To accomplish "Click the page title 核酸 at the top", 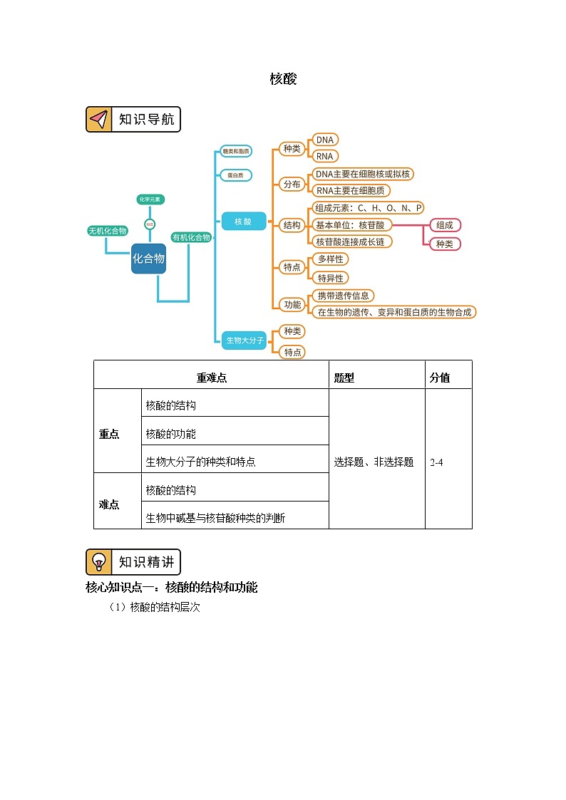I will point(283,79).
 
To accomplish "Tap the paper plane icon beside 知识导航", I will point(99,120).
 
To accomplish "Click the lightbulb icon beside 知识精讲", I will point(99,562).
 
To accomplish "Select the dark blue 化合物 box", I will point(148,259).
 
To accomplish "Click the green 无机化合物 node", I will point(107,231).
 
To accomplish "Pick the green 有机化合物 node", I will point(191,237).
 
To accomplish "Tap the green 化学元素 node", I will point(150,199).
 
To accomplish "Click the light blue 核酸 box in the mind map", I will point(243,222).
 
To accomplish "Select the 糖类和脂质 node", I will point(235,152).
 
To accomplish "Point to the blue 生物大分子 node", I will point(245,341).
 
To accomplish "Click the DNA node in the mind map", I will point(325,140).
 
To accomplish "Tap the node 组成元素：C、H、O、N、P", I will point(369,208).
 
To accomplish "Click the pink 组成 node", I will point(445,225).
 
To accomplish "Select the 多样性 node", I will point(330,259).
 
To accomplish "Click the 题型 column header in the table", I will point(344,378).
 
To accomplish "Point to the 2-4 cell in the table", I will point(437,462).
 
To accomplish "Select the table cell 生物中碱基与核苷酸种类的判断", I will point(215,518).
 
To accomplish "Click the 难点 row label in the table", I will point(109,504).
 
